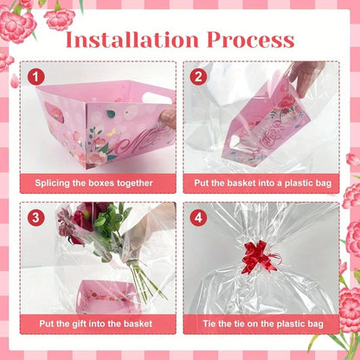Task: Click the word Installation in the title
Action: (127, 39)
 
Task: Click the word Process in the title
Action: (250, 39)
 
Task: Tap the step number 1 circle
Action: (36, 77)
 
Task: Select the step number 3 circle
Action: (36, 218)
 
